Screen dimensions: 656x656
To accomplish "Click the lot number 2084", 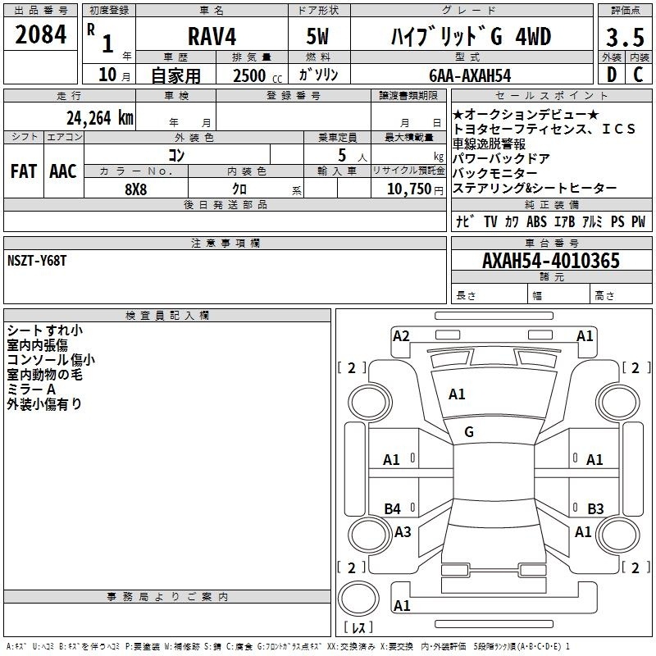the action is click(x=40, y=34).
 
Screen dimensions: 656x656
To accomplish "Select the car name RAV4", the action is click(x=212, y=36).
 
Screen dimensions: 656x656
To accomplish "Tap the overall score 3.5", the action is click(x=625, y=38).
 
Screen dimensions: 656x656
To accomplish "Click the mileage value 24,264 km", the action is click(x=100, y=118).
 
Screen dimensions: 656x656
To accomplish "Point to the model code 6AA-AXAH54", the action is click(x=470, y=75).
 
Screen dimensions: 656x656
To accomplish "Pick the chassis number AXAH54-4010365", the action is click(x=551, y=261).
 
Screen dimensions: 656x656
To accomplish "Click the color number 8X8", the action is click(x=136, y=189).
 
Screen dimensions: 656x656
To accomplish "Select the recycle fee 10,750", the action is click(x=409, y=189).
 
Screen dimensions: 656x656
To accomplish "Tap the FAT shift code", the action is click(x=24, y=171).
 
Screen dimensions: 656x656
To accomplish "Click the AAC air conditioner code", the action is click(x=63, y=171).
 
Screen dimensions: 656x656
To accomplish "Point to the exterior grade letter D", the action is click(x=612, y=75).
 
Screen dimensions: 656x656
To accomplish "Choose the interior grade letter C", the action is click(x=638, y=75).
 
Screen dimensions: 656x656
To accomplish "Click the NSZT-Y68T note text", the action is click(x=37, y=261).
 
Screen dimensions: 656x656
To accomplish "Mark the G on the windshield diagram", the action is click(x=469, y=432).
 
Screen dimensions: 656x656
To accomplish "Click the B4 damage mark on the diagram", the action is click(x=393, y=508).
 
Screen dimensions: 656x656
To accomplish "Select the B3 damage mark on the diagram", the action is click(x=595, y=508).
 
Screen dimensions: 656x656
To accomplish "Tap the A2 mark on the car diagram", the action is click(x=401, y=336).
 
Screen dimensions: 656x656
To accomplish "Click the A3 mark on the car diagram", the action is click(x=403, y=531).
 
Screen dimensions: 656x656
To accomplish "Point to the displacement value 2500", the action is click(x=249, y=75).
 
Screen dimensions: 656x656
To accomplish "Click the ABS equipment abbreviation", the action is click(x=536, y=221).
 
